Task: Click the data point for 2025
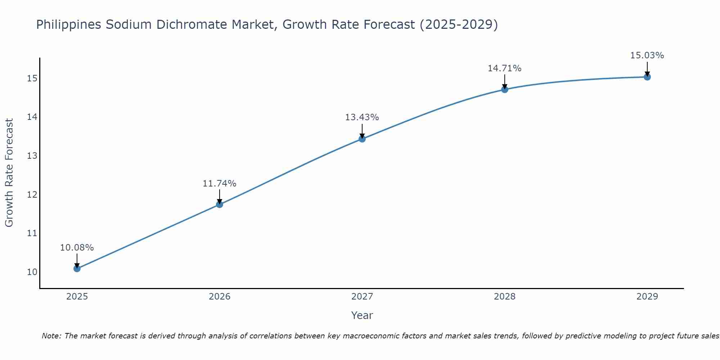click(77, 269)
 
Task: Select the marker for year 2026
click(220, 204)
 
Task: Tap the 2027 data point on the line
click(362, 139)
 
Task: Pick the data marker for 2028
click(505, 89)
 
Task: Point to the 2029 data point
click(647, 77)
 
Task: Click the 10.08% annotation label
click(77, 248)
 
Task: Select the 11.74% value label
click(219, 184)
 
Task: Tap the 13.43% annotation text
click(362, 117)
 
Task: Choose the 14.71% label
click(504, 68)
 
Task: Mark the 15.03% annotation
click(647, 55)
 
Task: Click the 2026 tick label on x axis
click(220, 297)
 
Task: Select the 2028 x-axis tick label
click(505, 297)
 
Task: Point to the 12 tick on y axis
click(32, 195)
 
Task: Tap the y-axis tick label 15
click(32, 78)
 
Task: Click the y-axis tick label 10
click(32, 272)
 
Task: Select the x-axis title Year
click(362, 315)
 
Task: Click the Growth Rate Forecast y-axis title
click(9, 173)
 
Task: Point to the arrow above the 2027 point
click(362, 131)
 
